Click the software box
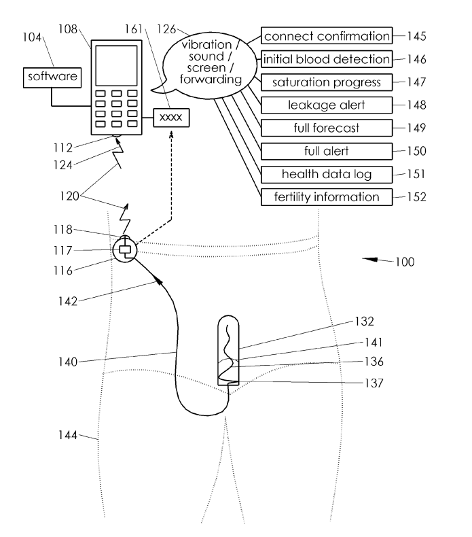52,77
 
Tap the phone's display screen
116,65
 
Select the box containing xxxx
171,118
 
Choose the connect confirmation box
327,35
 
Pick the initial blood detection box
327,59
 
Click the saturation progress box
327,82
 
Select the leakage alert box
327,105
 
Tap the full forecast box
327,128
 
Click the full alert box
327,151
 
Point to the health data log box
327,174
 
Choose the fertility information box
327,197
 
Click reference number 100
405,262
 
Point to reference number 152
416,197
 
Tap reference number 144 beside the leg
68,435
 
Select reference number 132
365,322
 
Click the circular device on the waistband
125,250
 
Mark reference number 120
69,196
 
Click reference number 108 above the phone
68,29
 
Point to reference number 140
68,362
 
